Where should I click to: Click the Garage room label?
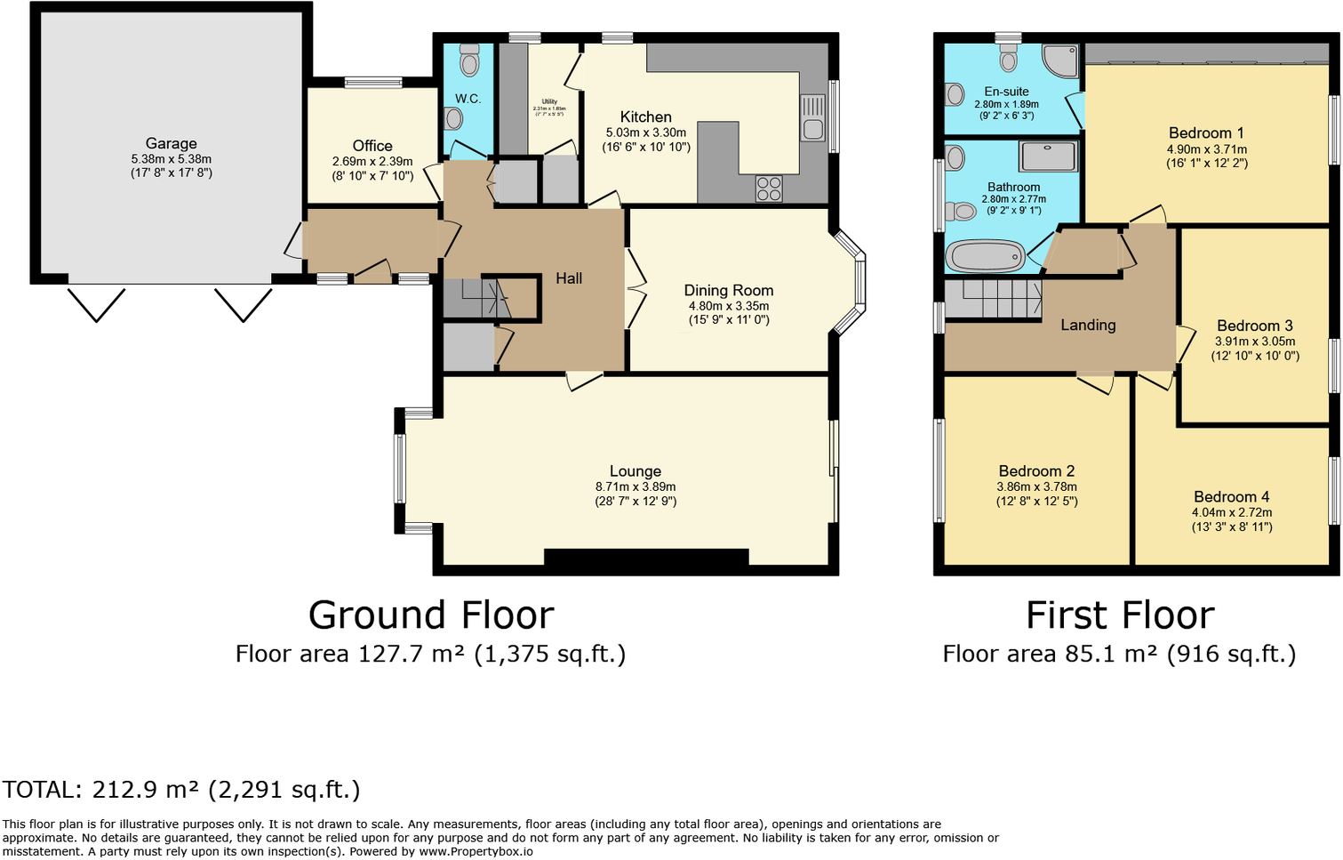(172, 143)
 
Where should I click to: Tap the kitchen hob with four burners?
(769, 189)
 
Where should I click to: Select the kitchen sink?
(813, 119)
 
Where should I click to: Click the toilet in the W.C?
(469, 61)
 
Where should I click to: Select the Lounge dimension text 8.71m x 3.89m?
(636, 486)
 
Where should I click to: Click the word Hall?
(569, 278)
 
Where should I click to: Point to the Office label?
(372, 146)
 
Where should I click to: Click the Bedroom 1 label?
(1206, 133)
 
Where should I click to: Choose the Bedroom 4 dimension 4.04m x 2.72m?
(1231, 512)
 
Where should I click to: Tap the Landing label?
(1088, 325)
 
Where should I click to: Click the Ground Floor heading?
(431, 615)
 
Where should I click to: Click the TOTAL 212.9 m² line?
(181, 790)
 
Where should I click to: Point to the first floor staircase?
(993, 299)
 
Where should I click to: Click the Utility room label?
(549, 101)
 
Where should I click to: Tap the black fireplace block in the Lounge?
(646, 559)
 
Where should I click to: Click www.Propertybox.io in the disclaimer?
(476, 851)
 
